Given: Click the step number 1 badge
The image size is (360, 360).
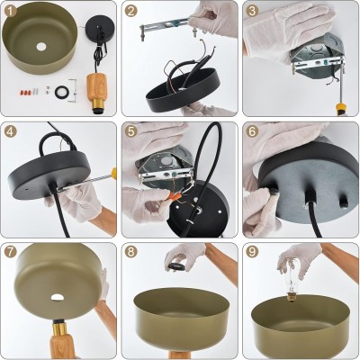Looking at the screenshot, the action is coord(11,11).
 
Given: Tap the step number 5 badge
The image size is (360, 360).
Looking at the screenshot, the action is coord(131,131).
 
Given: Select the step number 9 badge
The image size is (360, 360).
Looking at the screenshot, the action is coord(252,252).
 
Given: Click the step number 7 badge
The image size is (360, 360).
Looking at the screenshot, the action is coord(11,252).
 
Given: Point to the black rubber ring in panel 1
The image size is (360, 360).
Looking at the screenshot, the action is coord(62,92).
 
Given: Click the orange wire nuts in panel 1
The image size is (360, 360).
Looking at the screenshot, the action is coord(25,92).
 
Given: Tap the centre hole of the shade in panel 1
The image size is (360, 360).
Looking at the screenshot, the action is coord(41,47).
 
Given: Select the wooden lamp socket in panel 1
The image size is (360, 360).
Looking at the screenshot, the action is coord(96,94).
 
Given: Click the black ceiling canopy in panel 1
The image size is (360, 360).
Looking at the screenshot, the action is coord(98,28).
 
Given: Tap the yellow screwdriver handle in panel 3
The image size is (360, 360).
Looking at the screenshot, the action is coord(340,109).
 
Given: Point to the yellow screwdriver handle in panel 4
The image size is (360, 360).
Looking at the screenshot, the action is coord(113,173).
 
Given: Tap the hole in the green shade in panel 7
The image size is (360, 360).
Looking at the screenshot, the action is coord(57,297).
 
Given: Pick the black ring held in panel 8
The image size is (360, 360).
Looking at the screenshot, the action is coord(175,266).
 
